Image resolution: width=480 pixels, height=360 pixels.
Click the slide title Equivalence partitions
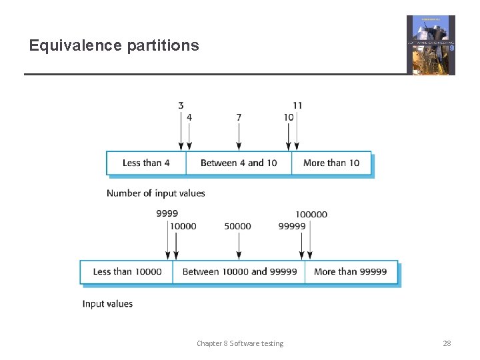click(114, 45)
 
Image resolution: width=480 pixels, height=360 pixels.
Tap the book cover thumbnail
click(431, 45)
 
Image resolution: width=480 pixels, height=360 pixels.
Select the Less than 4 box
click(146, 163)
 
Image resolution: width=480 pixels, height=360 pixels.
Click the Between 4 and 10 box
click(239, 163)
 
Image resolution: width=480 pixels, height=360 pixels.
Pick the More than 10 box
click(331, 163)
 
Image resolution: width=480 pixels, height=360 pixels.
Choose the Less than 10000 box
click(127, 272)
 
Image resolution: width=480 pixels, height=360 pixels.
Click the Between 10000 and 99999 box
click(239, 272)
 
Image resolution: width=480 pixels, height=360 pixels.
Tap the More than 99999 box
click(350, 272)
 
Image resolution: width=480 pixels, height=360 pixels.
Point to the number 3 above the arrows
click(181, 105)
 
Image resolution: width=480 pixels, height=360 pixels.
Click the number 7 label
click(239, 117)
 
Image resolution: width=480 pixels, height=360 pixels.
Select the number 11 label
click(297, 105)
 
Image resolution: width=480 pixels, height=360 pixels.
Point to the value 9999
click(167, 214)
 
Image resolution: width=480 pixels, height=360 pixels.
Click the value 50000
click(238, 226)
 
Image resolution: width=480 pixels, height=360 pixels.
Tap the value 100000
click(311, 214)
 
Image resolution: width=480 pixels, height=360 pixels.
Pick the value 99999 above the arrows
click(292, 226)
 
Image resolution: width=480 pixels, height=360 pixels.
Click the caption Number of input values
click(156, 193)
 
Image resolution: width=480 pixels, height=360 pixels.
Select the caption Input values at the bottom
click(107, 304)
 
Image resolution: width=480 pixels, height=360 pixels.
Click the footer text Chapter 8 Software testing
click(240, 343)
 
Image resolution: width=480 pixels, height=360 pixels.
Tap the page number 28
click(447, 343)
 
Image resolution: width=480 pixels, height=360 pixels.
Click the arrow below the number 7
click(239, 137)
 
